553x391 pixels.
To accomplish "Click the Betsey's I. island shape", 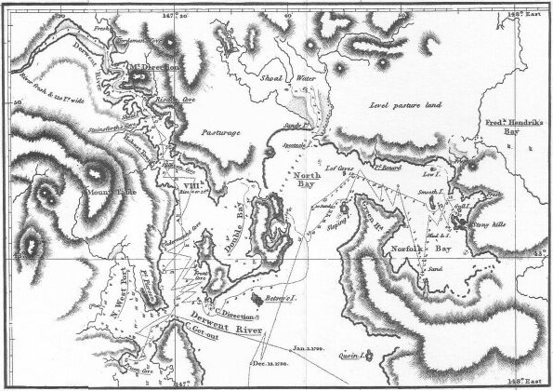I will click(x=269, y=297).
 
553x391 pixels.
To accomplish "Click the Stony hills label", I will click(x=490, y=224).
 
